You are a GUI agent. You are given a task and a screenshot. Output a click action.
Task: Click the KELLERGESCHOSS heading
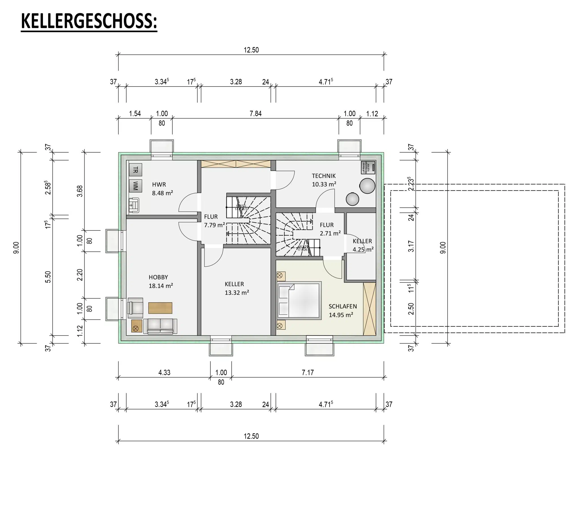point(89,21)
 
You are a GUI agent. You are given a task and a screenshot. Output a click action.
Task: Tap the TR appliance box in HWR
point(135,170)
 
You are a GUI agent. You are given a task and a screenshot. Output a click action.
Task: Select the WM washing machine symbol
point(135,186)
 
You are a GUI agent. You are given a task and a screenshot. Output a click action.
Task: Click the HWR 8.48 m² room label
point(162,189)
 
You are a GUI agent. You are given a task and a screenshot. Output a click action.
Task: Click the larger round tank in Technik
point(367,186)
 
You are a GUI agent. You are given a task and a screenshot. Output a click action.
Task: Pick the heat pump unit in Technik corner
point(368,168)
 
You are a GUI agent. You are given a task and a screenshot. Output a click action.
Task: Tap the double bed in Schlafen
point(299,301)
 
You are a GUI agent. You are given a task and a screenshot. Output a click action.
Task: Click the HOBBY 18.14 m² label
point(160,281)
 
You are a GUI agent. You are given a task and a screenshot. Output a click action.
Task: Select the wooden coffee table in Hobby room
point(160,308)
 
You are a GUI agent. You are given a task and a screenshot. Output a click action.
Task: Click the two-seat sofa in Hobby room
point(160,326)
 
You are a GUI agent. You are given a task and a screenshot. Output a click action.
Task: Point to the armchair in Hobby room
point(135,308)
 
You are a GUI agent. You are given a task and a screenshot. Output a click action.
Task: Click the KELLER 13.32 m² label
point(237,288)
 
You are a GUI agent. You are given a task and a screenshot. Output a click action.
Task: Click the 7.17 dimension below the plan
point(308,373)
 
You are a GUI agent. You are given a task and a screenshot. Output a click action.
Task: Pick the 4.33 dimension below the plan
point(164,373)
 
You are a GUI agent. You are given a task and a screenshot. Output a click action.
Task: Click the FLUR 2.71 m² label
point(330,229)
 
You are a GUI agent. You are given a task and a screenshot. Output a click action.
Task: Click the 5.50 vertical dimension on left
point(48,277)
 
